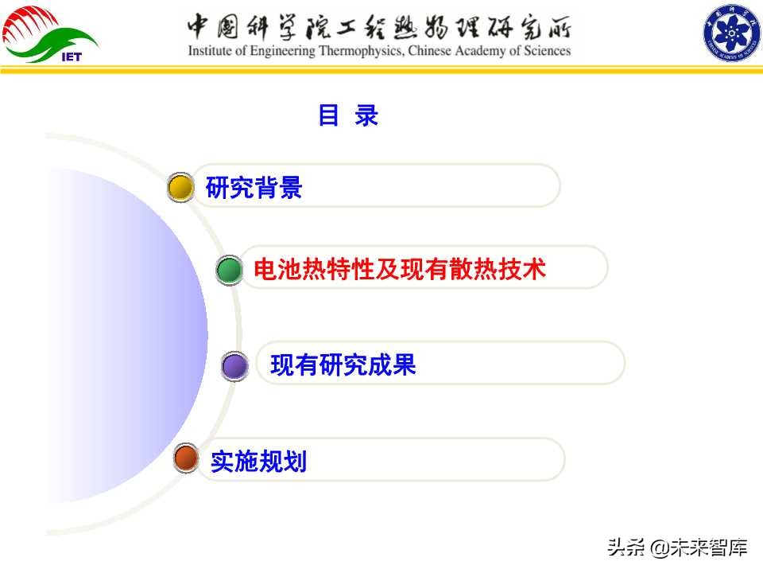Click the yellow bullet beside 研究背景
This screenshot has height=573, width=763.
[181, 188]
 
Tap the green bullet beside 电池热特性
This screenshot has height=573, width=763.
[229, 271]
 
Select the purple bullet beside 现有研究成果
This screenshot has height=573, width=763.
[234, 366]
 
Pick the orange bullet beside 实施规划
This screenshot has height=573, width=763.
[186, 459]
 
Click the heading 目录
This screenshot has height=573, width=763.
[348, 115]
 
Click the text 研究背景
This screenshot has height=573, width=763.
[254, 189]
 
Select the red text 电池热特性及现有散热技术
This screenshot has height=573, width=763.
[399, 270]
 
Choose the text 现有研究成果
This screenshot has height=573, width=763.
[343, 365]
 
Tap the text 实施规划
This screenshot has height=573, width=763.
[258, 461]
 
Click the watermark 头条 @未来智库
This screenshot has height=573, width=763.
[677, 548]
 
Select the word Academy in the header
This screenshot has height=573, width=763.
[482, 51]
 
